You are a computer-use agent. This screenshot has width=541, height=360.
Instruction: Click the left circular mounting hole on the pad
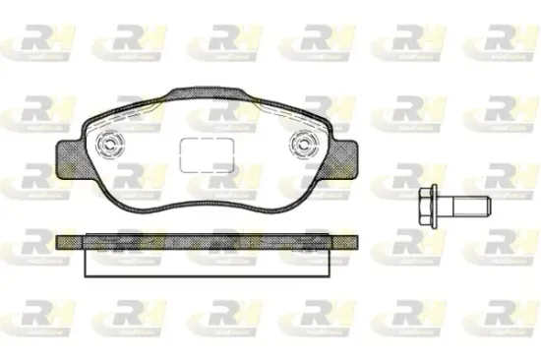tap(110, 149)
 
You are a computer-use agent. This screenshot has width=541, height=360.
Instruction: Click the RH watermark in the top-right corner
tap(502, 40)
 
